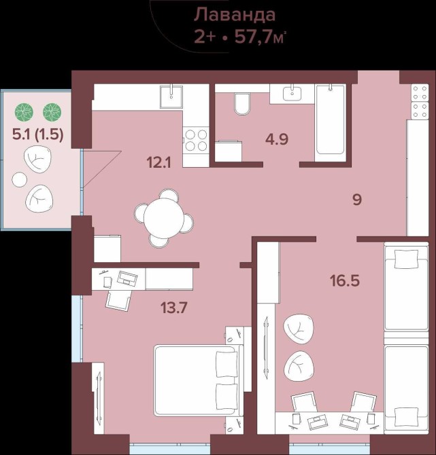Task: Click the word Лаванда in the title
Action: pos(235,15)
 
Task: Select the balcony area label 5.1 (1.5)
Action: pos(38,134)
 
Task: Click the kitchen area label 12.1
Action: pos(159,162)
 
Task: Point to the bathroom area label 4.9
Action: pos(277,139)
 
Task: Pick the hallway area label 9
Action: pos(357,200)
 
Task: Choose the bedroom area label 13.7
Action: pos(174,308)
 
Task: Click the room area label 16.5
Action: pos(345,280)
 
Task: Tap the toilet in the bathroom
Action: pos(242,104)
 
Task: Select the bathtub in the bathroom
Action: pos(330,122)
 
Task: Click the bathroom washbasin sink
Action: pos(292,94)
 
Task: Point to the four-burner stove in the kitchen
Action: pos(196,141)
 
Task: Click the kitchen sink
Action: pos(171,96)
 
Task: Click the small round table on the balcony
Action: pos(20,179)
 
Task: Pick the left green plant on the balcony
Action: pos(24,112)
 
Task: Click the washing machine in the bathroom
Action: pos(228,150)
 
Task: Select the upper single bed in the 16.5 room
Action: pos(406,286)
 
